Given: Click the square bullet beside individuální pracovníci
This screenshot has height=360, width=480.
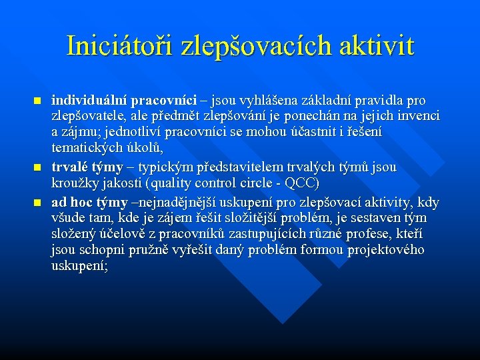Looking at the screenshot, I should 37,101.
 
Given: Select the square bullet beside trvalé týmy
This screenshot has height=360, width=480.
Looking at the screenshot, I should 37,167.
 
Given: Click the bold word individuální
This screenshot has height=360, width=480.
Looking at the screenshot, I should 89,101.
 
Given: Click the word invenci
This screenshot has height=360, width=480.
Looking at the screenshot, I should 418,117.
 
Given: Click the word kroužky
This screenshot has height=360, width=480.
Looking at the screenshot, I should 74,183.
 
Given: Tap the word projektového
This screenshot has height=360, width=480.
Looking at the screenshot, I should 389,251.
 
